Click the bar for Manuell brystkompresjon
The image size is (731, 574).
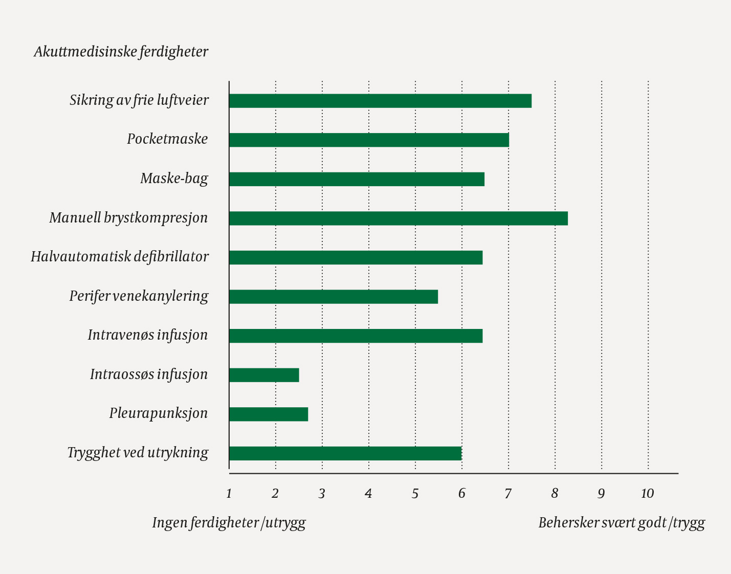[398, 218]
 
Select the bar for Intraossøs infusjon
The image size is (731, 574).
[264, 375]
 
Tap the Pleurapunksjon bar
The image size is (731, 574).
[269, 414]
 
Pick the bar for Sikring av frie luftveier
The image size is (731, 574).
[380, 101]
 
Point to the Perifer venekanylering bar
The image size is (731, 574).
[334, 297]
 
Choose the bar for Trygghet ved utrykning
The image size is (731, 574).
[345, 453]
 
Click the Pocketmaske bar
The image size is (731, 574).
[369, 140]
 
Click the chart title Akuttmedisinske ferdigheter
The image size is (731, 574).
[121, 52]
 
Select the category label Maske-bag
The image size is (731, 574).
[174, 179]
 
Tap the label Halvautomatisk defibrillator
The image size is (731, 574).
[120, 256]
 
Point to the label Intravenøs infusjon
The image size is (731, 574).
[148, 335]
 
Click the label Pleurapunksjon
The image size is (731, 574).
[159, 413]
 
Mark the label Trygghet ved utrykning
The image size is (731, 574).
[138, 453]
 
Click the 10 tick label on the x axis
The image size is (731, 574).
[648, 494]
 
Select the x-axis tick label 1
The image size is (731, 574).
[229, 494]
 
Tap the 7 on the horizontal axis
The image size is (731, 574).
[508, 494]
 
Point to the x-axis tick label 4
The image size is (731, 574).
[368, 494]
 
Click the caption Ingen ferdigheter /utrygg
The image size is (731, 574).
[229, 523]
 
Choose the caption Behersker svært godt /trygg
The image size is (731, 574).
[622, 523]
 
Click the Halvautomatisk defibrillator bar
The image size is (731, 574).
[356, 258]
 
